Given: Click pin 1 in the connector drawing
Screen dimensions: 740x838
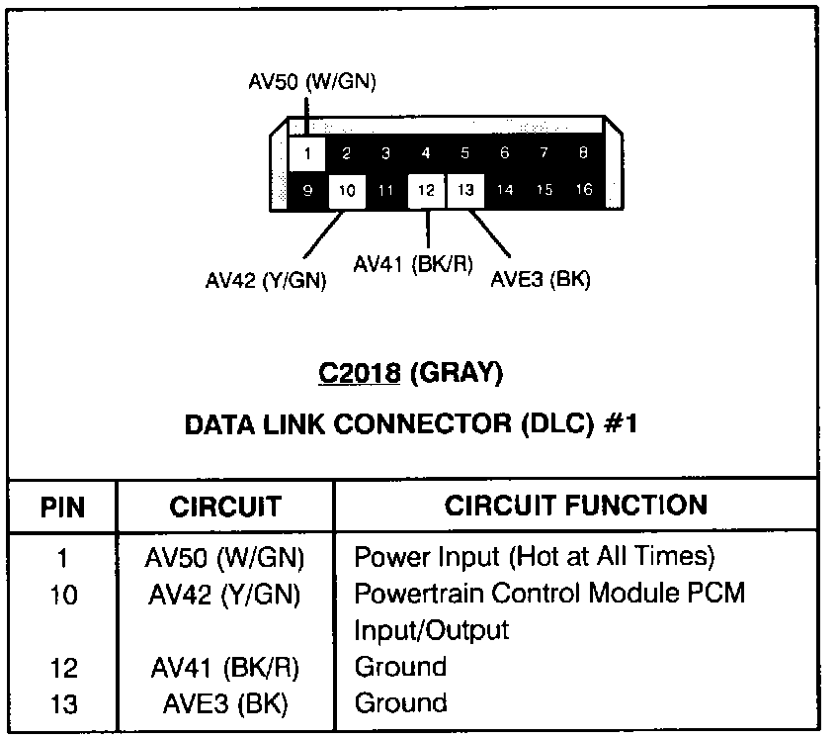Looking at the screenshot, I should tap(308, 153).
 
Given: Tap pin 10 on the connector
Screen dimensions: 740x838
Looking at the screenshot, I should tap(347, 191).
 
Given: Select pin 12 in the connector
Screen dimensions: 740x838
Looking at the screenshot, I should tap(426, 191).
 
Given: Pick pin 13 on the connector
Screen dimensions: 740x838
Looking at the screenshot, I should tap(465, 191).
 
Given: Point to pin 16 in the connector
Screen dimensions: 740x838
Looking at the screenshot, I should tap(584, 191).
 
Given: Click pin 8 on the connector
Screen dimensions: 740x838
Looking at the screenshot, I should tap(584, 153).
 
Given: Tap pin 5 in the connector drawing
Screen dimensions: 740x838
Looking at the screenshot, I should tap(465, 153).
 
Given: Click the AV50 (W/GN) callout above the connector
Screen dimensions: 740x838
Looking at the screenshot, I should tap(312, 82).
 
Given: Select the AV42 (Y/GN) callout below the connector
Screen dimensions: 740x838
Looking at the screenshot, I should tap(266, 280).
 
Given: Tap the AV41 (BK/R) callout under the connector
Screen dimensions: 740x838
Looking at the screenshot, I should tap(413, 264).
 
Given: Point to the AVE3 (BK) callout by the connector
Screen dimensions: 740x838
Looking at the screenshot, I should tap(541, 280).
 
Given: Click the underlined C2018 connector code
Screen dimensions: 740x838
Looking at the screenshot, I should tap(360, 373).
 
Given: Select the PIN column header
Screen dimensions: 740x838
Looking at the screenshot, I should tap(63, 508).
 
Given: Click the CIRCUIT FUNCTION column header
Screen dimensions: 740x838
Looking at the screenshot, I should tap(576, 506).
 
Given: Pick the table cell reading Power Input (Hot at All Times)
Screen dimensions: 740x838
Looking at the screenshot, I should tap(534, 556).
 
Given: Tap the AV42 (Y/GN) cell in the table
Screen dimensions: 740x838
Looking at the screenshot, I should tap(225, 594).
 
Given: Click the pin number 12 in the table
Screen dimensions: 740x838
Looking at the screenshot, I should tap(62, 668).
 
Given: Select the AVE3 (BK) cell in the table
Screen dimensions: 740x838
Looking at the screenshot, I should tap(225, 703).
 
